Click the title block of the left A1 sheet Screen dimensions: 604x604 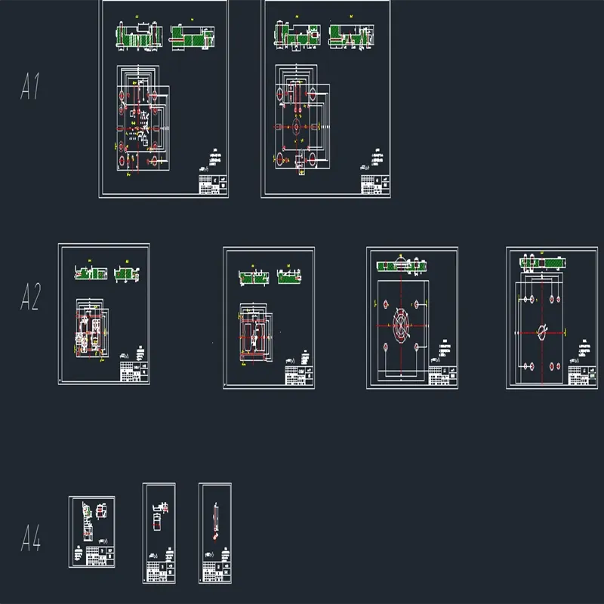tap(214, 184)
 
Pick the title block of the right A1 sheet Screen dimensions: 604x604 tap(376, 183)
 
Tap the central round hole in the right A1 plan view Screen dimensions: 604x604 tap(296, 126)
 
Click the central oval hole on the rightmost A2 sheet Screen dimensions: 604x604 tap(543, 330)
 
